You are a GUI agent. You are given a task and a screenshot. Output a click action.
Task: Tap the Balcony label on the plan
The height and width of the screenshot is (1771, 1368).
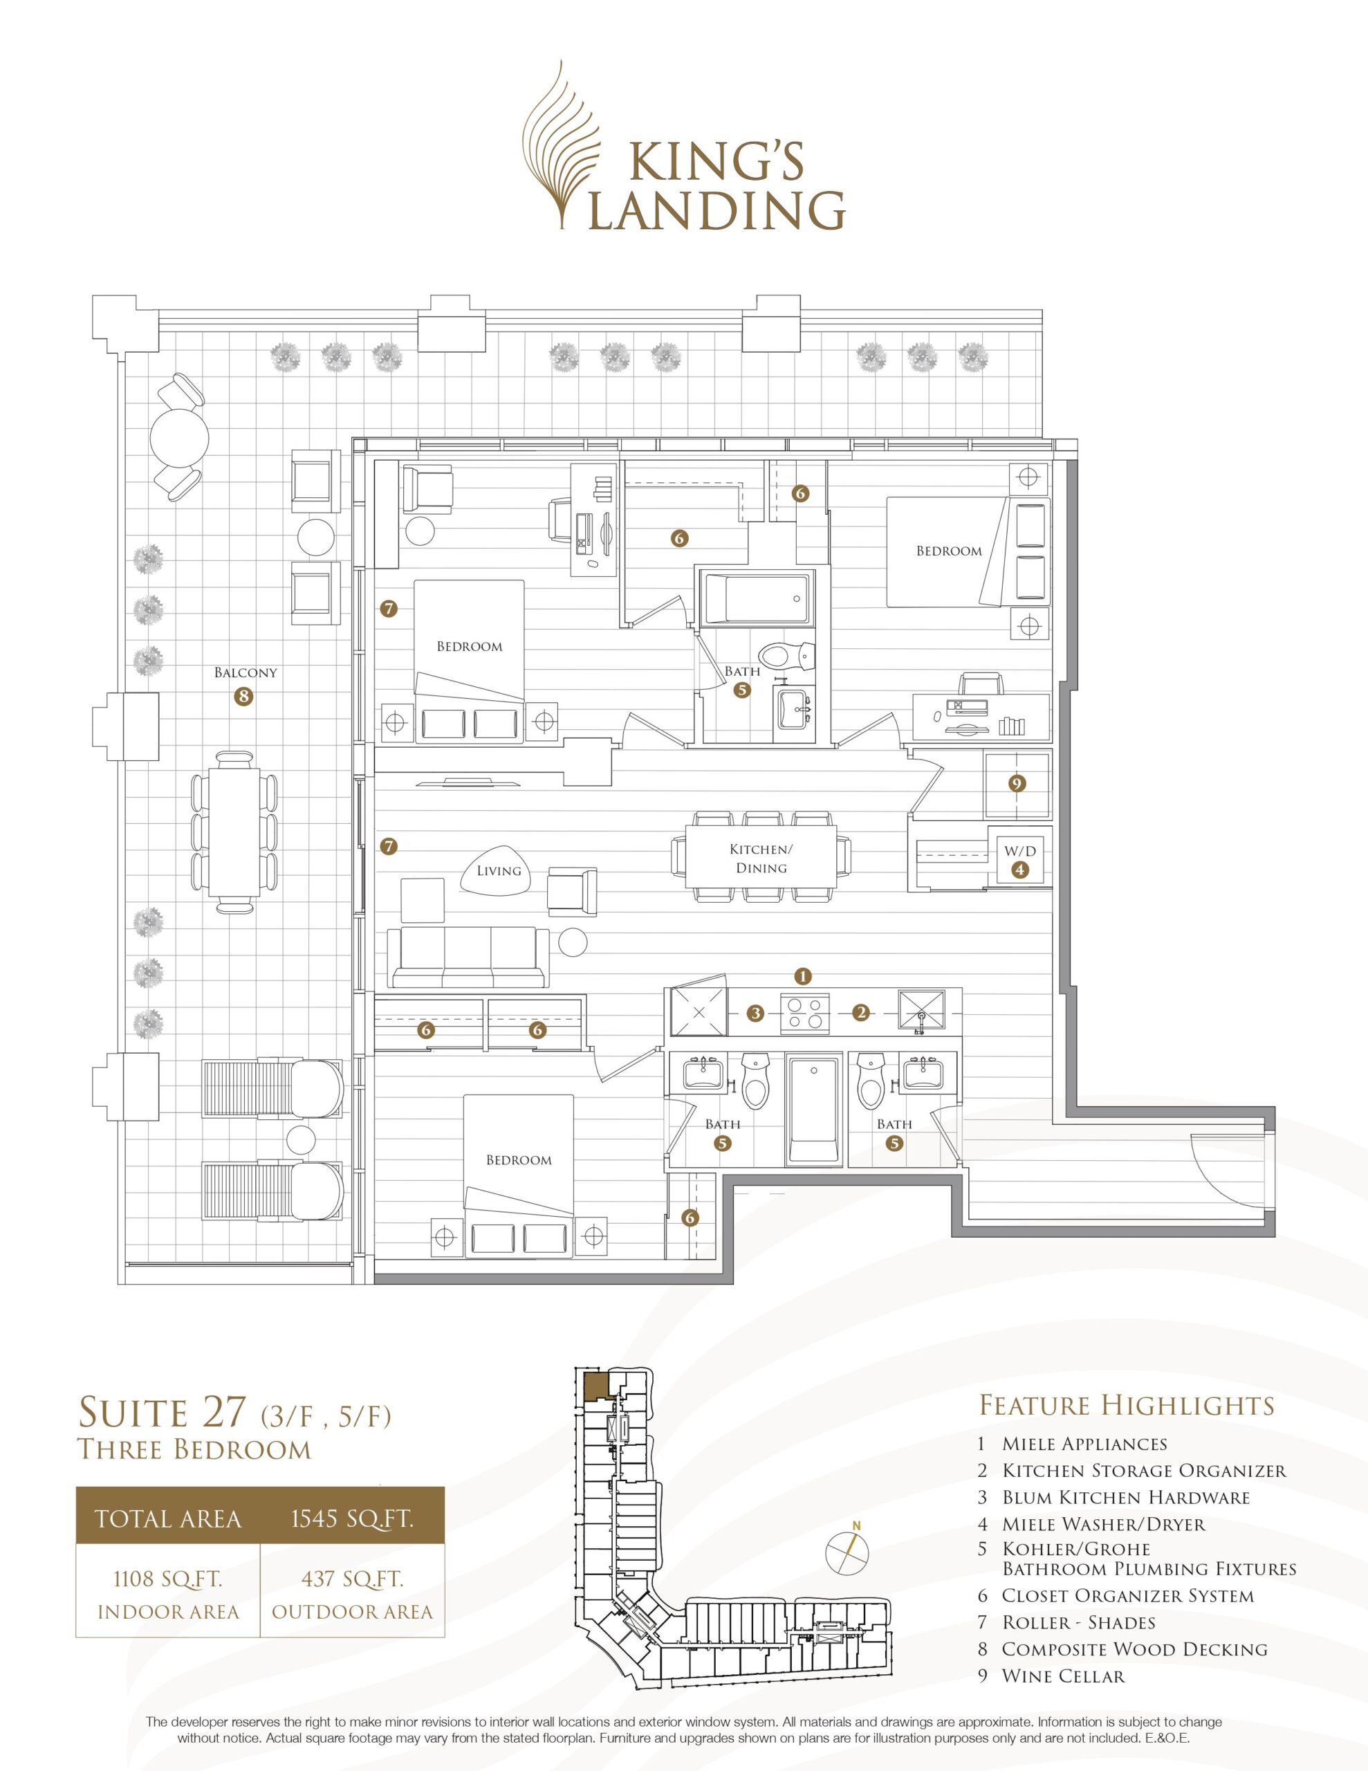[x=246, y=672]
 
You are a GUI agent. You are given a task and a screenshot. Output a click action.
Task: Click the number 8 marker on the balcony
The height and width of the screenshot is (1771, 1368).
[x=241, y=696]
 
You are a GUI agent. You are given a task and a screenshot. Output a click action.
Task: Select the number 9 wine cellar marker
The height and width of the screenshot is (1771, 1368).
[x=1017, y=783]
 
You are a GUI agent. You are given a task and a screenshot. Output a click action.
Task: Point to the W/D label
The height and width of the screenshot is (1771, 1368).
[x=1020, y=851]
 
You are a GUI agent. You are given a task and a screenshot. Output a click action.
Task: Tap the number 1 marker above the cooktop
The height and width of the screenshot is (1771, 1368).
[x=803, y=975]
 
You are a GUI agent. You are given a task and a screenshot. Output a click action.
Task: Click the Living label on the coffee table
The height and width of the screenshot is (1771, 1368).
[x=499, y=870]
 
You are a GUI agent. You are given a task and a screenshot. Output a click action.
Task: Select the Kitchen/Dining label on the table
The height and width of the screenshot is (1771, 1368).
[x=761, y=859]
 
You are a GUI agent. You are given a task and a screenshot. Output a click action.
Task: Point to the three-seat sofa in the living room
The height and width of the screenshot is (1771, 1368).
[x=468, y=957]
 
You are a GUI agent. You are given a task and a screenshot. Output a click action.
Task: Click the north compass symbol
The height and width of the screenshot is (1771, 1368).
[x=847, y=1553]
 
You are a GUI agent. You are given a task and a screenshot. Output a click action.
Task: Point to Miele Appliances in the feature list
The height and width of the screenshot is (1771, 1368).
[x=1084, y=1443]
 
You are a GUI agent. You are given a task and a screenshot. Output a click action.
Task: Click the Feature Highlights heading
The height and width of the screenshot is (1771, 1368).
[x=1127, y=1404]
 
